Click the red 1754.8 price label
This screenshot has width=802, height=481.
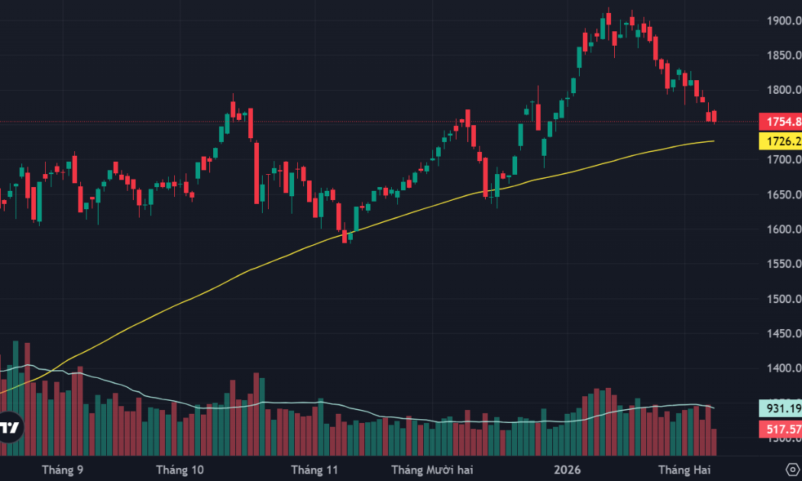point(780,122)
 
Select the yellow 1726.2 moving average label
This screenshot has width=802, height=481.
point(780,141)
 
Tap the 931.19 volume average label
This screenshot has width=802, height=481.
point(780,408)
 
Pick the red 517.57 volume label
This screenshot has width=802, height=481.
point(780,431)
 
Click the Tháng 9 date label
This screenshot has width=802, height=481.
point(63,469)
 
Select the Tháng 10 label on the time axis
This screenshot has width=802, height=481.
point(179,469)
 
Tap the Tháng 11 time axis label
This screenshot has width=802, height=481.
point(314,469)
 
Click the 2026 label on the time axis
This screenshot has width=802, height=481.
point(568,469)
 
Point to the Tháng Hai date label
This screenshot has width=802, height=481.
point(684,469)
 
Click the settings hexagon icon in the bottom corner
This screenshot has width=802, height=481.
point(792,468)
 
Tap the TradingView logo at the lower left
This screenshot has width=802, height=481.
point(10,428)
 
